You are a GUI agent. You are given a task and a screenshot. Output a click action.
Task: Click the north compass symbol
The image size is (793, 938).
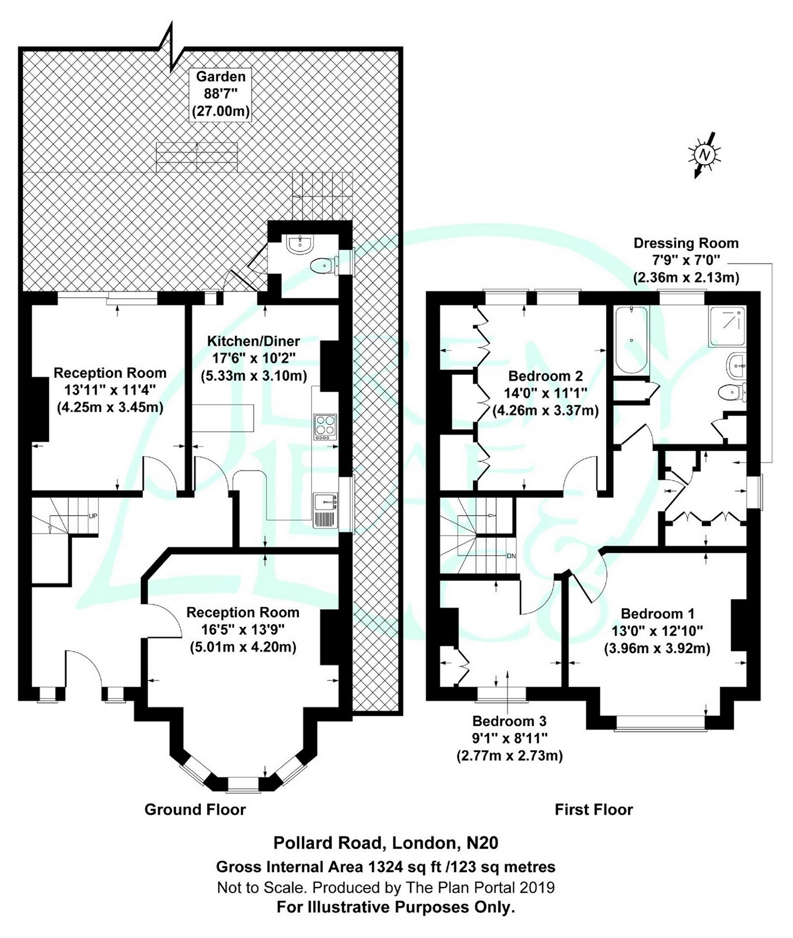[704, 154]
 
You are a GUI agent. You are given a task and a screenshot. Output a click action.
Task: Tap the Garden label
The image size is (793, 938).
[221, 76]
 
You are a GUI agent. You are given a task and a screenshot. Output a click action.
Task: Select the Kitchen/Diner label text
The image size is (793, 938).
[253, 341]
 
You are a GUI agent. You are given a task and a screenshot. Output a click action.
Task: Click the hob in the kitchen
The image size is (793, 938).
[325, 427]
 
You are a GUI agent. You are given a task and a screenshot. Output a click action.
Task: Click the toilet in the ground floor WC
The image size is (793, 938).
[323, 266]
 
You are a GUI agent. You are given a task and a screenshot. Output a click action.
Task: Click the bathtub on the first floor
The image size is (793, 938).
[631, 341]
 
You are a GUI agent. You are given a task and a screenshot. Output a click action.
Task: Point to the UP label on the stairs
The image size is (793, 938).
[92, 516]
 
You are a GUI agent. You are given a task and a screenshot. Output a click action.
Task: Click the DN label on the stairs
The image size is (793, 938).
[510, 555]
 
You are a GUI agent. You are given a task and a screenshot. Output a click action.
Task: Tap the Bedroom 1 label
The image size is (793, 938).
[657, 614]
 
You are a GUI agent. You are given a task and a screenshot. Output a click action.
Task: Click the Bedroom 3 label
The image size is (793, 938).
[509, 721]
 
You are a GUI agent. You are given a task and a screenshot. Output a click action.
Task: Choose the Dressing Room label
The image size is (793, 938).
[686, 243]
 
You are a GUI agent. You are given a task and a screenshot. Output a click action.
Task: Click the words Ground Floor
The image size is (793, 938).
[195, 809]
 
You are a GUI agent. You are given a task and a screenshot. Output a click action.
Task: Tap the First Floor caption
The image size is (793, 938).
[593, 809]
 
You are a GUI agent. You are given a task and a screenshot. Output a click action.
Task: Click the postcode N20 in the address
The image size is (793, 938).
[482, 843]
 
